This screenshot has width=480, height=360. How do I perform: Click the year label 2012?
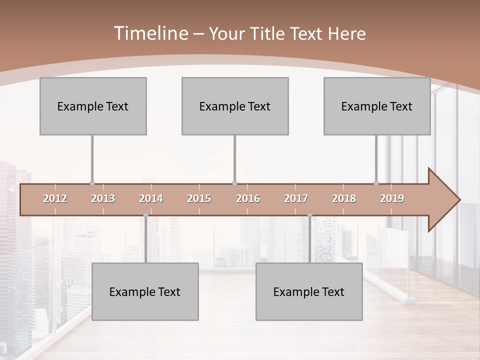pyautogui.click(x=55, y=198)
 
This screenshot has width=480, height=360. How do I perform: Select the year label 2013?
pyautogui.click(x=103, y=198)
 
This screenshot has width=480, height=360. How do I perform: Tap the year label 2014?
pyautogui.click(x=151, y=198)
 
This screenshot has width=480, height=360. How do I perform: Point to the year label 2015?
pyautogui.click(x=199, y=198)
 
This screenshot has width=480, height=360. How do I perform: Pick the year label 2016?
pyautogui.click(x=248, y=198)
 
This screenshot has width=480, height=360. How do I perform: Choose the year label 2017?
pyautogui.click(x=296, y=198)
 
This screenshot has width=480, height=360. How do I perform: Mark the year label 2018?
pyautogui.click(x=344, y=198)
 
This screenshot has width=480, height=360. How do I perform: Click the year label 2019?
pyautogui.click(x=392, y=198)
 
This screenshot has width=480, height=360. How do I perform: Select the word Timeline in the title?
pyautogui.click(x=149, y=33)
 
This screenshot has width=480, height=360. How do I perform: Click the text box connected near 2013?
pyautogui.click(x=93, y=106)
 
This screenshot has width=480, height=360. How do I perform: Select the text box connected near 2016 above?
pyautogui.click(x=235, y=106)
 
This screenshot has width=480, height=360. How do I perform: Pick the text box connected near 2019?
pyautogui.click(x=377, y=106)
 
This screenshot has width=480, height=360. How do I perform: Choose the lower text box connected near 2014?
pyautogui.click(x=145, y=291)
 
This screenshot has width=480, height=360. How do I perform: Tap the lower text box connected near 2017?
pyautogui.click(x=309, y=291)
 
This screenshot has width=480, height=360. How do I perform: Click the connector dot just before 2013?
pyautogui.click(x=92, y=183)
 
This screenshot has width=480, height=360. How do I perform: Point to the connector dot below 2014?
pyautogui.click(x=145, y=215)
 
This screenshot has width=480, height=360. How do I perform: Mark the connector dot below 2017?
pyautogui.click(x=309, y=215)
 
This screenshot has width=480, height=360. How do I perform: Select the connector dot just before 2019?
pyautogui.click(x=376, y=183)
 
